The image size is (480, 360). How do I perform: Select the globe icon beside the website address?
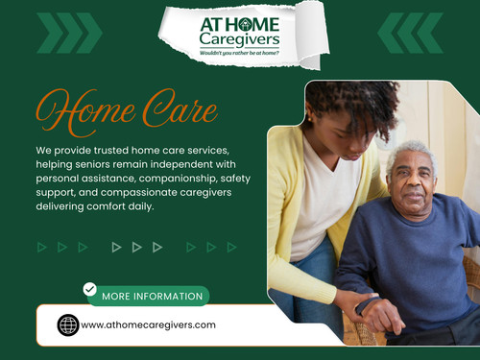coord(67,324)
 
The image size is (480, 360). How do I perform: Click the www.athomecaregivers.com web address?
coord(148,324)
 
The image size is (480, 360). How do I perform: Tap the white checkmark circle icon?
coord(90,288)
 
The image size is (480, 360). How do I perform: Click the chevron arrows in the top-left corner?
coord(68,33)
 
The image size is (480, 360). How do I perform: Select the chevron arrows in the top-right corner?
coord(410,33)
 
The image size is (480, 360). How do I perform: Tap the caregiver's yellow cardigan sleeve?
coord(288,240)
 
